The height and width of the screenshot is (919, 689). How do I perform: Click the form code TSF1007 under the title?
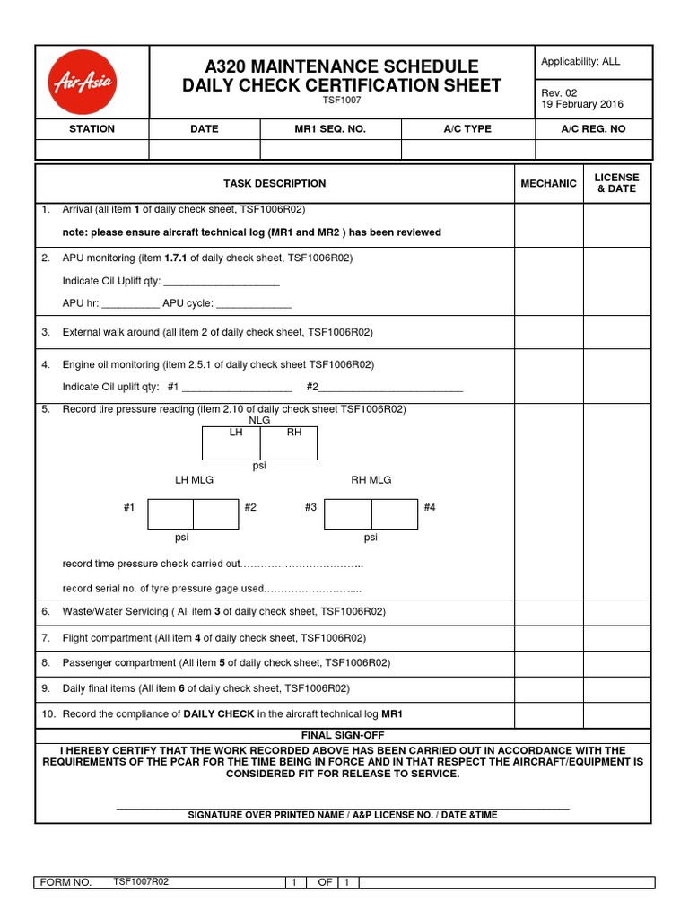coord(342,101)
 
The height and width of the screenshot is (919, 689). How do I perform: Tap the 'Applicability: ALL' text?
coord(580,62)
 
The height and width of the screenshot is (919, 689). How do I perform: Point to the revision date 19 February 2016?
coord(581,104)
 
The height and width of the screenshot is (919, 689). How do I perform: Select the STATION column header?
coord(92,129)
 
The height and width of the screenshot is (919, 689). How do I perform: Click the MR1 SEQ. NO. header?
coord(330,129)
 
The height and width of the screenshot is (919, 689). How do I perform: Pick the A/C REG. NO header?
coord(593,129)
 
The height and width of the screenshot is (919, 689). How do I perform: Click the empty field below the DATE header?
coord(205,149)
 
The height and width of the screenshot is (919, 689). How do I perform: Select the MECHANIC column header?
coord(548,183)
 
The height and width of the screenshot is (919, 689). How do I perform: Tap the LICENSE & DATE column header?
coord(617,183)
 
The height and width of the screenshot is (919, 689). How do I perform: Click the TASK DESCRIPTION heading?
coord(275,183)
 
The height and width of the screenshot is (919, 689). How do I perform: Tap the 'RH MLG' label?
coord(371,480)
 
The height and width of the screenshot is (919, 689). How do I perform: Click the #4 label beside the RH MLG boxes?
coord(430,508)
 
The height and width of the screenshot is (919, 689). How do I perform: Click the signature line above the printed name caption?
coord(343,807)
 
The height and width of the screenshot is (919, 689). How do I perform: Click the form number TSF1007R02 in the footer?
coord(141,881)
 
